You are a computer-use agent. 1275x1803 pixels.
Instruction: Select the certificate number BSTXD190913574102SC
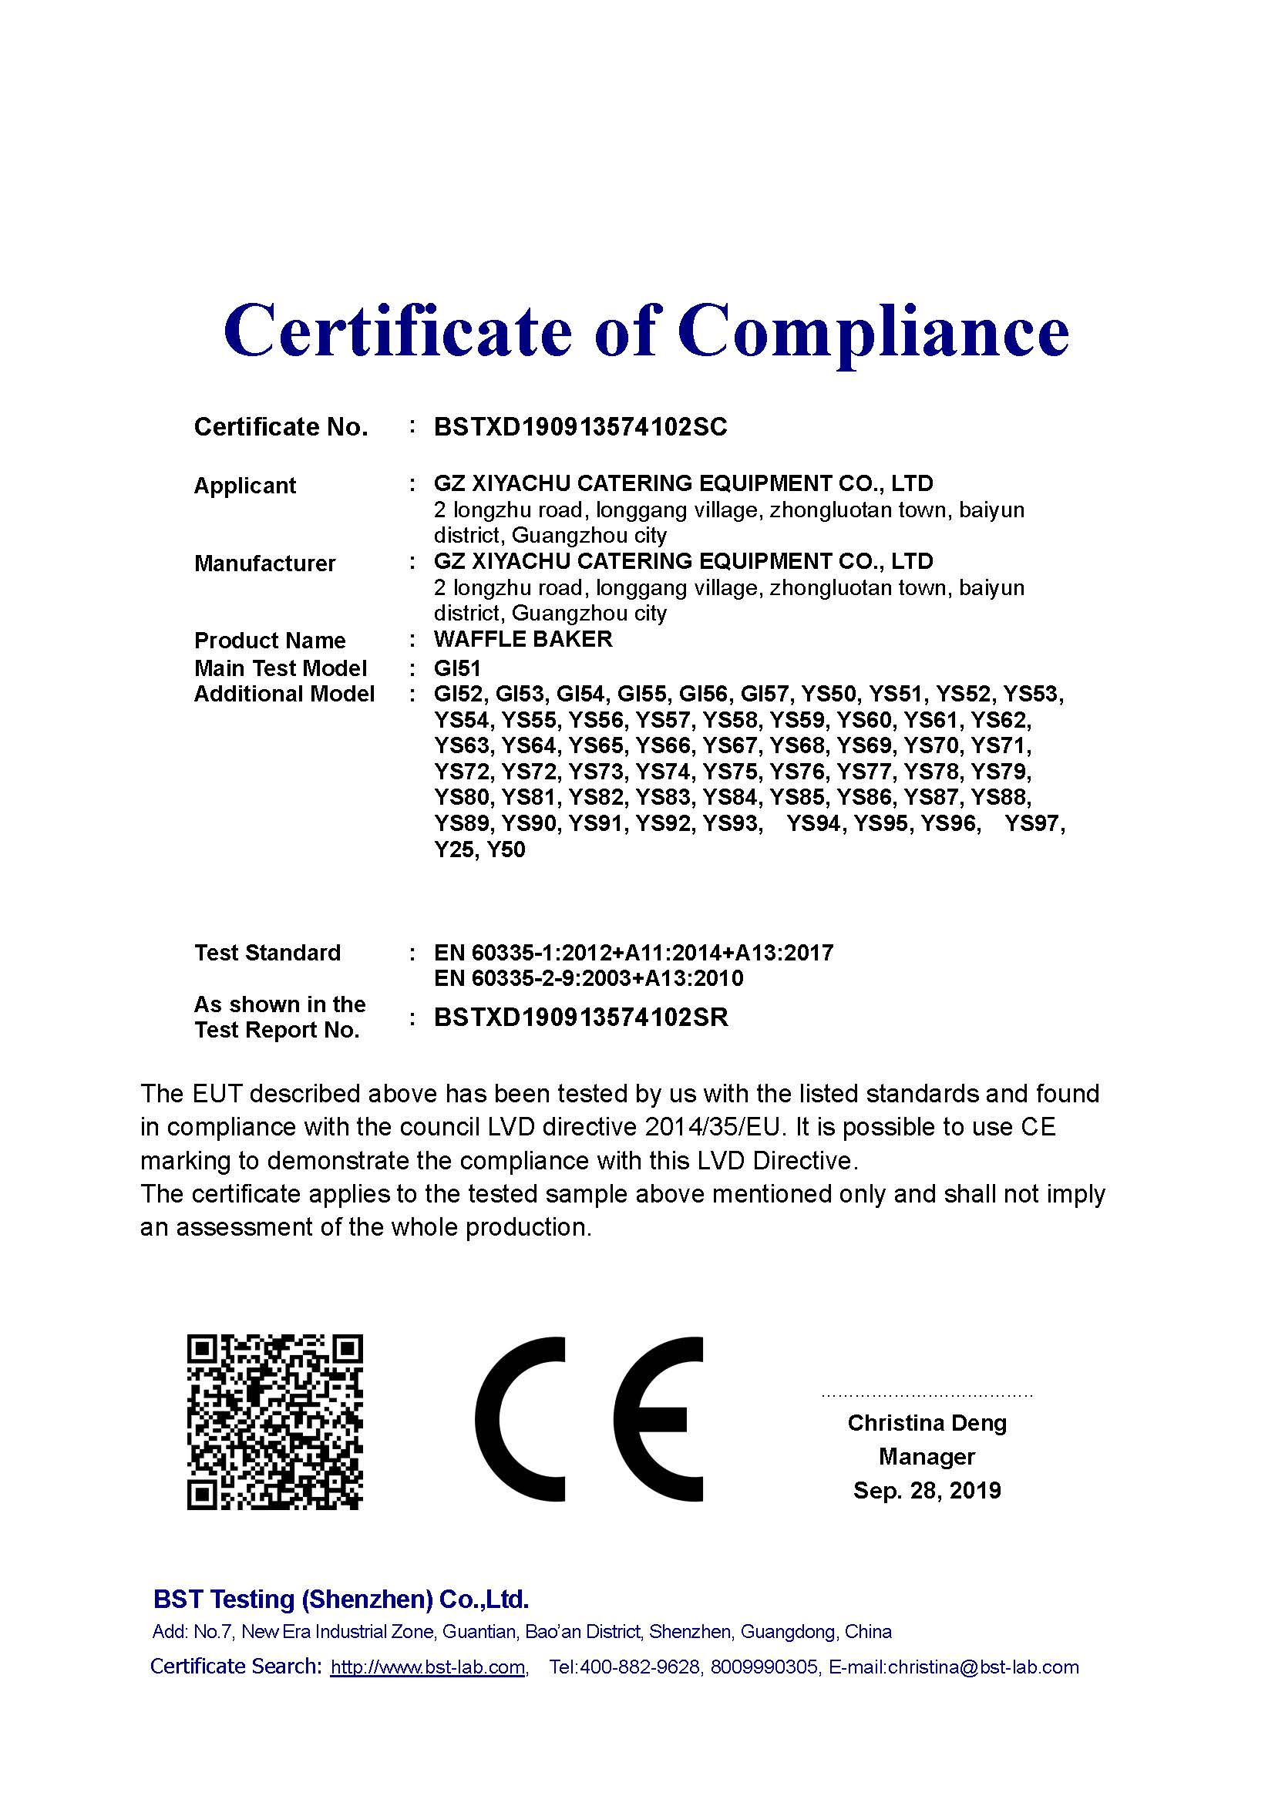click(x=580, y=427)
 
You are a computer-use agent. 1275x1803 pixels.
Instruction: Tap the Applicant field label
click(x=245, y=486)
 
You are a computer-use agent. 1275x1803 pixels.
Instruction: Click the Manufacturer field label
click(x=264, y=563)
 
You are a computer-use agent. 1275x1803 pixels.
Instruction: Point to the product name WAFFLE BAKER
click(x=523, y=639)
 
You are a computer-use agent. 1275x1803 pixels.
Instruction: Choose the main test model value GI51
click(x=457, y=668)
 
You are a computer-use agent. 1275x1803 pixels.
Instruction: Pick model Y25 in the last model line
click(x=453, y=849)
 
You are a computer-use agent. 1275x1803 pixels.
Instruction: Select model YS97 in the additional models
click(x=1034, y=825)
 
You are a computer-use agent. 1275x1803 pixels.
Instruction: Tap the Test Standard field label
click(x=267, y=953)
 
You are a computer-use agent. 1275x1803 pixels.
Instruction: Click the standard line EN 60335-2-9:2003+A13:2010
click(x=588, y=978)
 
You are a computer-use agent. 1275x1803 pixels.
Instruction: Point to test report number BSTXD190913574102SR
click(x=581, y=1018)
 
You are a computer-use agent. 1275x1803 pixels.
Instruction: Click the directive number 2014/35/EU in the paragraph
click(x=714, y=1127)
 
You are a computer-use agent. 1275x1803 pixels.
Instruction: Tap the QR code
click(x=274, y=1422)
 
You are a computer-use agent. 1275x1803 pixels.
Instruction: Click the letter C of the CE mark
click(x=520, y=1419)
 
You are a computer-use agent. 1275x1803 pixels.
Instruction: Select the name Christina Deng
click(x=927, y=1423)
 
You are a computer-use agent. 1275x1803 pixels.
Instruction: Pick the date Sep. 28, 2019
click(x=927, y=1491)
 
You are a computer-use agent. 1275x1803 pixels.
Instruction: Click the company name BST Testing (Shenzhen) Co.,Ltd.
click(x=341, y=1599)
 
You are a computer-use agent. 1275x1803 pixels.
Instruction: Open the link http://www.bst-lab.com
click(x=428, y=1667)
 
